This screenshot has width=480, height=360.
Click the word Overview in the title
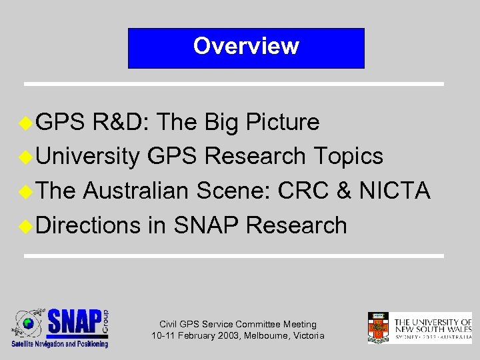[x=246, y=46]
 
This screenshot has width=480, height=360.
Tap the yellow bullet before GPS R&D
[x=26, y=122]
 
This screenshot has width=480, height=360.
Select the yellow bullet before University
[x=26, y=157]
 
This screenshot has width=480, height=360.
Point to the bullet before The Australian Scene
[x=26, y=191]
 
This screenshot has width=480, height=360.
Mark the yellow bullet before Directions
[x=26, y=226]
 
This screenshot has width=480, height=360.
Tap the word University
[x=87, y=157]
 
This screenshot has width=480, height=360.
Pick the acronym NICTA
[x=395, y=191]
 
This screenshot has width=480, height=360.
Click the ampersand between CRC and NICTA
[x=345, y=191]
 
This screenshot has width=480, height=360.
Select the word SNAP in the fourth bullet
[x=206, y=226]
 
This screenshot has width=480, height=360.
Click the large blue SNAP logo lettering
[x=75, y=323]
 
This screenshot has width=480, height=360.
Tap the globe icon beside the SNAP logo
[x=28, y=324]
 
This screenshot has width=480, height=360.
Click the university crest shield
[x=378, y=327]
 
